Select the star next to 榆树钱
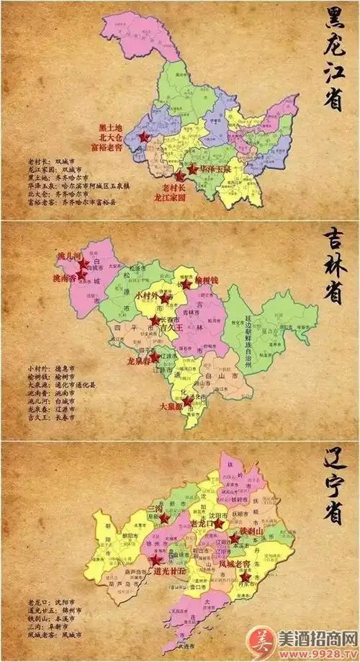coord(186,285)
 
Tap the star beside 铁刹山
coord(235,537)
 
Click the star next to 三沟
coord(164,518)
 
